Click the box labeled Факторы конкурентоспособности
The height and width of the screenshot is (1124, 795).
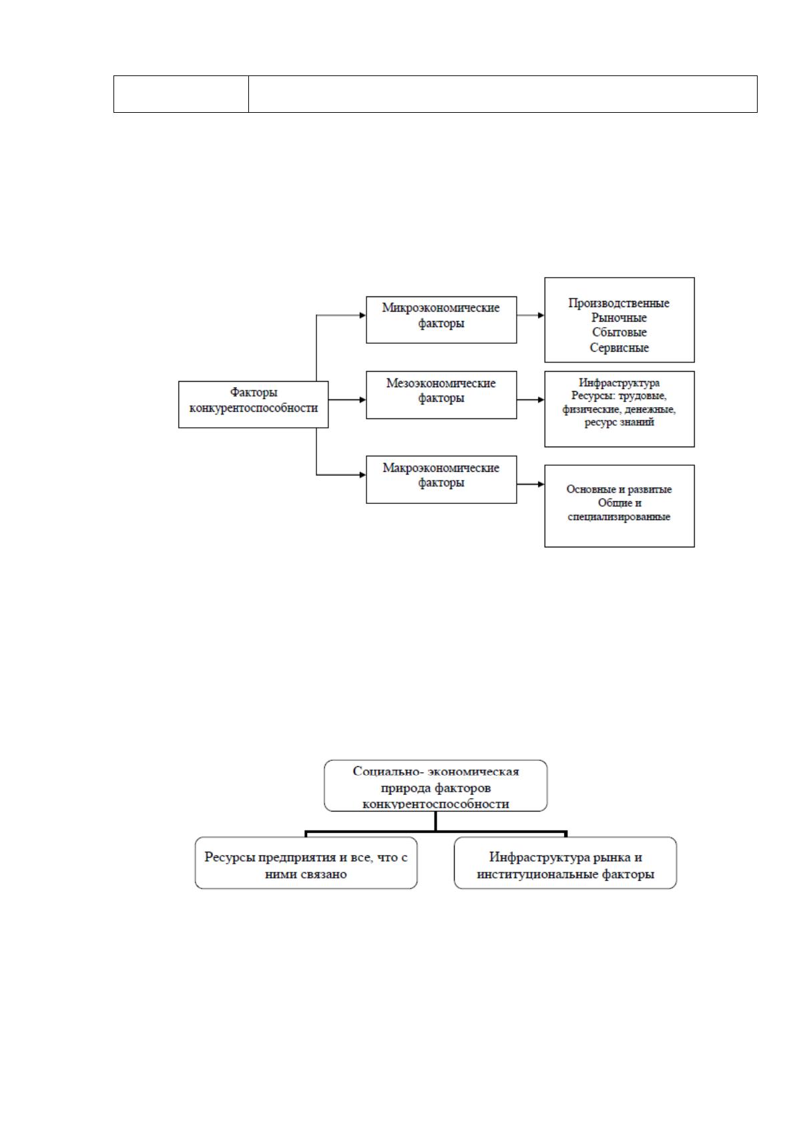click(x=254, y=404)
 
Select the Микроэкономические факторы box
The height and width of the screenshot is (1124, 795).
click(x=441, y=320)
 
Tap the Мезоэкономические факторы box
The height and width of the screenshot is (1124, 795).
click(x=441, y=395)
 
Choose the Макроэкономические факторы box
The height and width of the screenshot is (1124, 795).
click(x=441, y=480)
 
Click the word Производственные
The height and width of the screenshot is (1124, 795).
click(x=619, y=303)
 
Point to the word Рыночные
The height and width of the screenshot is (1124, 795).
click(x=619, y=318)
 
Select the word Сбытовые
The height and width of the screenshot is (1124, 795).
click(x=619, y=332)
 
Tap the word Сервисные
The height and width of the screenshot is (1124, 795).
click(x=619, y=347)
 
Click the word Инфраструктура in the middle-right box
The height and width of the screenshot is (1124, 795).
click(x=619, y=383)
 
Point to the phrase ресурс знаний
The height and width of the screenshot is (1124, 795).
click(x=619, y=422)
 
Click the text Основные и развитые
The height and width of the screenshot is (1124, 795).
click(x=619, y=489)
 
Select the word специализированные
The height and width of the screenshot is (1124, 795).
click(x=619, y=517)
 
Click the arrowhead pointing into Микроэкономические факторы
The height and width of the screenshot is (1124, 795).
click(x=363, y=315)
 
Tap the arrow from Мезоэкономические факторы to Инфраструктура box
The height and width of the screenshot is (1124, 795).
click(x=531, y=400)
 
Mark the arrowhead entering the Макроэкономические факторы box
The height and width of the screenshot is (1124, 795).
click(x=363, y=475)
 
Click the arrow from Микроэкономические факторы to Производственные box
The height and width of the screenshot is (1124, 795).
click(x=531, y=315)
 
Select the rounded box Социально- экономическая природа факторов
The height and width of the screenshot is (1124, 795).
click(x=436, y=786)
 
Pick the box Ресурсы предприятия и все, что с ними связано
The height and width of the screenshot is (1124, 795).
click(x=306, y=863)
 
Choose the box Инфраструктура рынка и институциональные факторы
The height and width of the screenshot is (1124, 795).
click(x=565, y=863)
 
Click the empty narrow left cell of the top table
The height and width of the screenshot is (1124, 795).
click(x=181, y=94)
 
